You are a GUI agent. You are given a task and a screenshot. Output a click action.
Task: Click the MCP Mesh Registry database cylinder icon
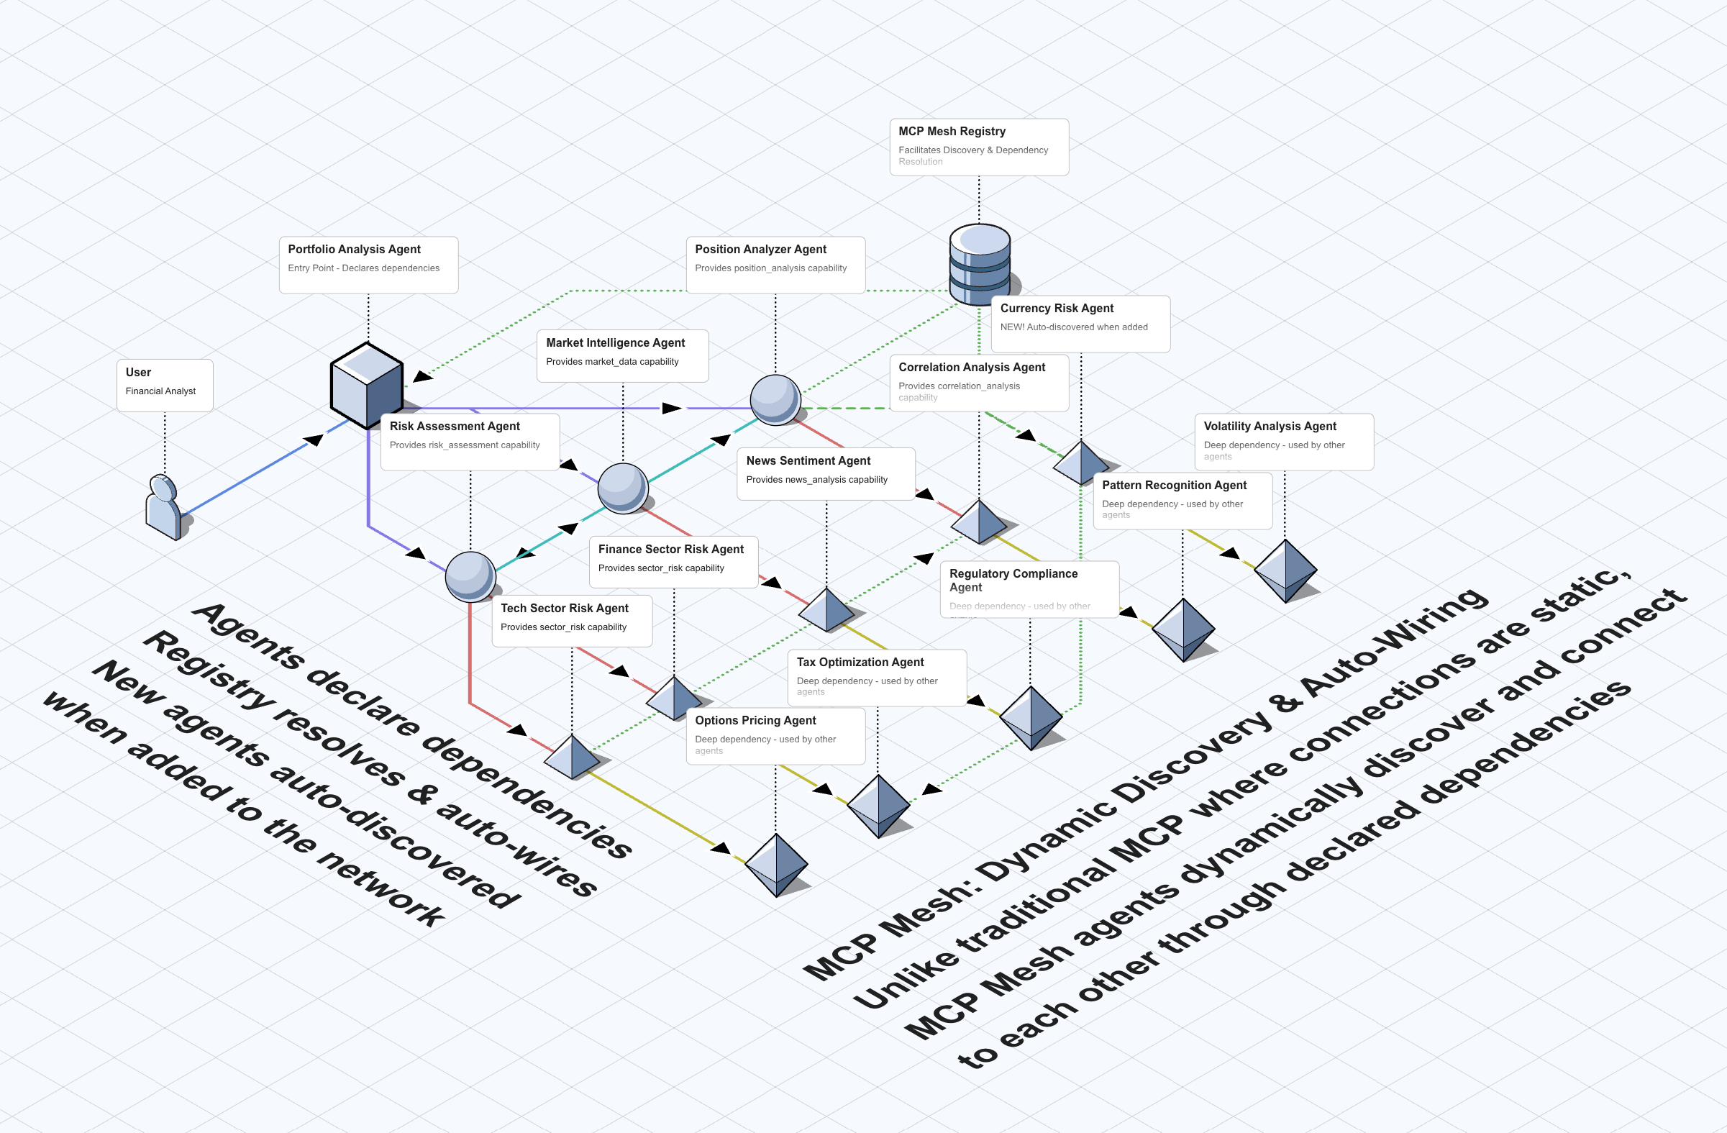coord(980,264)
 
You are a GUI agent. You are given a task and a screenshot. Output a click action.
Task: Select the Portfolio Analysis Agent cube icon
coord(366,385)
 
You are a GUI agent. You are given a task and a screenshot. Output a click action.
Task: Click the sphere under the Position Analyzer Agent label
coord(775,399)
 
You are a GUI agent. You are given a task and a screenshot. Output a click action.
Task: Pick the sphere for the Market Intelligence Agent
coord(623,488)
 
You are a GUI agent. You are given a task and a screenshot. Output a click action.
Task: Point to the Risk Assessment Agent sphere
coord(470,576)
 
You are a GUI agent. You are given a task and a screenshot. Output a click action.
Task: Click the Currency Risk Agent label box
coord(1080,323)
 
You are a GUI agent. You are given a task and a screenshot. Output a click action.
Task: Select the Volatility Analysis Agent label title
coord(1269,426)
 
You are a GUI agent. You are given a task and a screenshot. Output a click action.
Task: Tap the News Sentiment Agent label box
coord(825,473)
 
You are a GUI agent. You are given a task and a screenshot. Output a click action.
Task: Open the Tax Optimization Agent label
coord(876,676)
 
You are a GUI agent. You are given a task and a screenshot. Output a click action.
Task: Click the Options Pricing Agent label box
coord(774,734)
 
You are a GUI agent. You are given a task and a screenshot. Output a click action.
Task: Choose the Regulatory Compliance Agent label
coord(1029,588)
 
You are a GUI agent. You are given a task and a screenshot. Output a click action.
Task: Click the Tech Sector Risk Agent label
coord(571,620)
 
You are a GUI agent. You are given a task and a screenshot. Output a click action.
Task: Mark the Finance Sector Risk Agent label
coord(673,560)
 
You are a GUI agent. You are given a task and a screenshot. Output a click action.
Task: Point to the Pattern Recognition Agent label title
coord(1173,485)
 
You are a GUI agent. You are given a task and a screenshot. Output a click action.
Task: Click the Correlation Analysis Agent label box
coord(978,382)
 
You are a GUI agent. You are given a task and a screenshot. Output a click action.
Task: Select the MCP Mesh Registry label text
coord(952,132)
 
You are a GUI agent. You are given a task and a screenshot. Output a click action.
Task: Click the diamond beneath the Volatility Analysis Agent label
coord(1285,570)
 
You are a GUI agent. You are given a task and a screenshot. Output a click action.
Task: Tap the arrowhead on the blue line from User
coord(314,439)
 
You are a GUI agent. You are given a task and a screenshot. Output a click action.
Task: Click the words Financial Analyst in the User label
coord(160,391)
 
